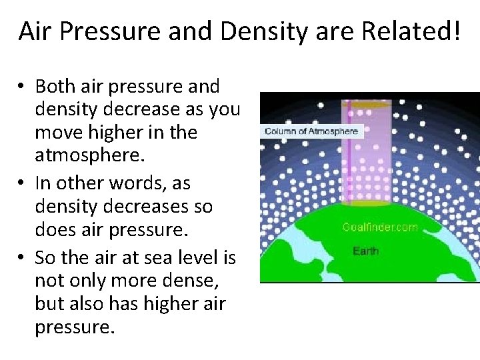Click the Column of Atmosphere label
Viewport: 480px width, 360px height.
311,131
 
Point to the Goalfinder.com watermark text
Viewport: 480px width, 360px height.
380,227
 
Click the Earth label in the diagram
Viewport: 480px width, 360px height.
365,251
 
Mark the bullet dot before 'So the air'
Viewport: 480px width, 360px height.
22,257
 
